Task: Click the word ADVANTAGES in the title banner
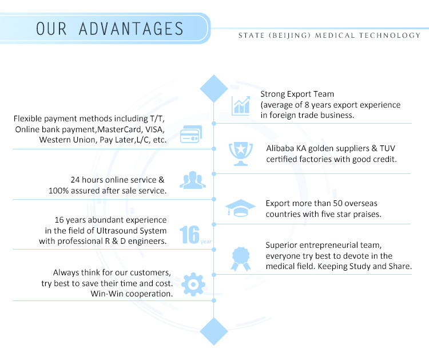[x=131, y=29]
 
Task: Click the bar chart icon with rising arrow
[x=240, y=106]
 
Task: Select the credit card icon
[x=191, y=134]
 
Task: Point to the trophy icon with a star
[x=241, y=154]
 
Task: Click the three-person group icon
[x=193, y=180]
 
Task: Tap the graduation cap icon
[x=240, y=208]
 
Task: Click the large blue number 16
[x=189, y=235]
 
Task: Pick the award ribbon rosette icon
[x=241, y=259]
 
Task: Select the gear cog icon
[x=193, y=284]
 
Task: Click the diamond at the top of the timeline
[x=214, y=88]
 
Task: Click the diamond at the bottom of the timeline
[x=214, y=331]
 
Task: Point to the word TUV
[x=387, y=148]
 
